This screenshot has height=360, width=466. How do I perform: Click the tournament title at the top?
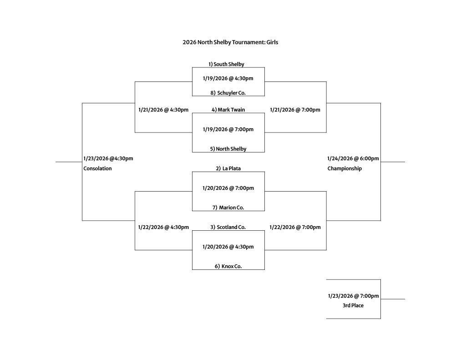(x=230, y=42)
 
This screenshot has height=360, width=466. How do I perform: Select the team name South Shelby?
(x=226, y=64)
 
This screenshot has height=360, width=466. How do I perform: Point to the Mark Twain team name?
(x=228, y=110)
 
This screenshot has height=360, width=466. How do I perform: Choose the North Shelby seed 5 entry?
(x=228, y=149)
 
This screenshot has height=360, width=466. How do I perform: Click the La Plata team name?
(x=228, y=168)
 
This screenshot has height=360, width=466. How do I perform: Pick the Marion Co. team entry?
(x=228, y=208)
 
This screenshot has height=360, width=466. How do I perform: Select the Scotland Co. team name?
(x=228, y=227)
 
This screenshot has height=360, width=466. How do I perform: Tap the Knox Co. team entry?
(x=228, y=266)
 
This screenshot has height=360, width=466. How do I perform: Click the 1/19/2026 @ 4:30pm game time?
(x=228, y=78)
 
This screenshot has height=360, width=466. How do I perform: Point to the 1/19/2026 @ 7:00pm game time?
(x=228, y=129)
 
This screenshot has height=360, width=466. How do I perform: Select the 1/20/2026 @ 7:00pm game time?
(x=228, y=188)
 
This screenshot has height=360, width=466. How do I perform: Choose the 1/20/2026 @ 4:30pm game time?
(x=228, y=247)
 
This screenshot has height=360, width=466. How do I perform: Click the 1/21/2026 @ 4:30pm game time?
(x=163, y=110)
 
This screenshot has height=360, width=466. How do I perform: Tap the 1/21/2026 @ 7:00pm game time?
(x=295, y=110)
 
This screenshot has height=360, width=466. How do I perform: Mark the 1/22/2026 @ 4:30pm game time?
(x=163, y=227)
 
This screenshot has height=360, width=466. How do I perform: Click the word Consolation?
(x=97, y=168)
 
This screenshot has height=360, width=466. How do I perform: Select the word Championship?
(x=344, y=168)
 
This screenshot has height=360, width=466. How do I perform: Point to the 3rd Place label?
(x=353, y=305)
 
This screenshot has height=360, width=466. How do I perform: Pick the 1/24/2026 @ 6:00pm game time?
(x=353, y=159)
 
